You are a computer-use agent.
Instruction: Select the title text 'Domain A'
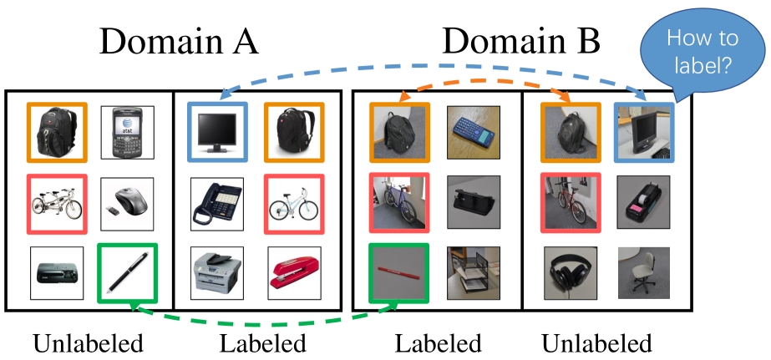point(178,41)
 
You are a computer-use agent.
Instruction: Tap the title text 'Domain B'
point(520,41)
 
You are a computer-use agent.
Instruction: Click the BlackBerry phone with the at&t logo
point(127,133)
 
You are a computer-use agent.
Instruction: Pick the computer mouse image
point(127,201)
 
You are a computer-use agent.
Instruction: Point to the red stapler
point(293,273)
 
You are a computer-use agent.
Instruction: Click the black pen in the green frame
point(127,273)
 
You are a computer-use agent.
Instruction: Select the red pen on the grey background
point(398,273)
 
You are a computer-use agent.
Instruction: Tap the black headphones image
point(571,273)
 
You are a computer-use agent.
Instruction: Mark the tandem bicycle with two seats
point(56,202)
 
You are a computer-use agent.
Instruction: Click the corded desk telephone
point(216,203)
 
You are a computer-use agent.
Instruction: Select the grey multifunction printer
point(216,273)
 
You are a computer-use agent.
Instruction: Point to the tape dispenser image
point(643,203)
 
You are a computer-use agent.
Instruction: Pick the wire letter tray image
point(473,273)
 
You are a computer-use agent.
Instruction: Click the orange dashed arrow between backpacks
point(484,86)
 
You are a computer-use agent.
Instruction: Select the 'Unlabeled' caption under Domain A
point(88,343)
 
